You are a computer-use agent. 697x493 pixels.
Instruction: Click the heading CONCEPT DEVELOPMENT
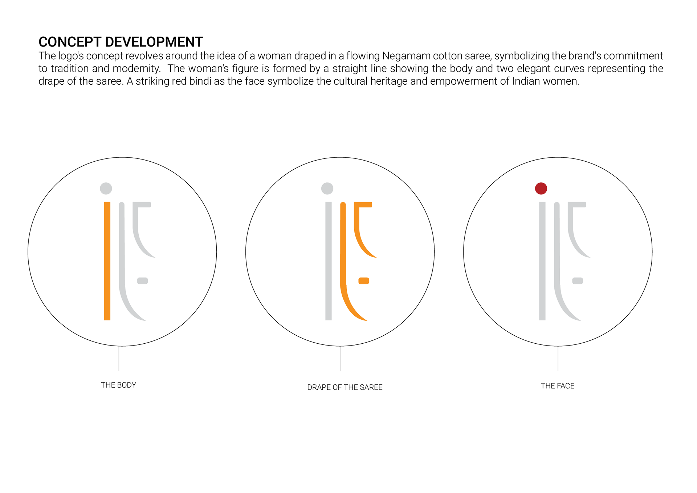click(x=121, y=42)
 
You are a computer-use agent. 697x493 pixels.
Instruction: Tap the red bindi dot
click(x=541, y=189)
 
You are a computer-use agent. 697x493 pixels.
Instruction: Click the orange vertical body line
click(x=107, y=261)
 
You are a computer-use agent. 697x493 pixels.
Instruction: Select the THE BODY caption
click(x=118, y=385)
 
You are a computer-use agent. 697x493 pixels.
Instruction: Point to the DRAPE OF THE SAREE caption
click(x=345, y=387)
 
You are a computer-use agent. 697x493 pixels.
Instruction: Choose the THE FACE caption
click(x=558, y=386)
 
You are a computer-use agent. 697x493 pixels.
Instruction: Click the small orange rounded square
click(x=364, y=281)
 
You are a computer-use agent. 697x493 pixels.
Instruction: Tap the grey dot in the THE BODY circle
click(x=106, y=189)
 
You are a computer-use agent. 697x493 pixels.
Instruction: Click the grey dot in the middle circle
click(x=327, y=189)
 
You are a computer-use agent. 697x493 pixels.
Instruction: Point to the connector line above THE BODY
click(x=119, y=359)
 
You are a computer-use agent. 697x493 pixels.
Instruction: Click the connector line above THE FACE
click(x=558, y=359)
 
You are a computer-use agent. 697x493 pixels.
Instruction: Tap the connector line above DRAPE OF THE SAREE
click(x=340, y=359)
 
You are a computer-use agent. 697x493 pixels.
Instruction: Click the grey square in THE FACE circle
click(x=578, y=281)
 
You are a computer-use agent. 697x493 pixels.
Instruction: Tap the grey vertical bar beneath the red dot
click(x=542, y=261)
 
